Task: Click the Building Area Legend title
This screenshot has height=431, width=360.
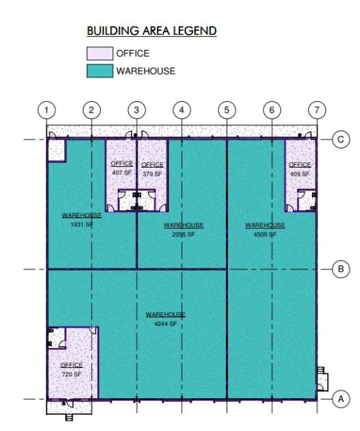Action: (151, 31)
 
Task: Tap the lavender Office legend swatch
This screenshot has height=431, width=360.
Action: (100, 53)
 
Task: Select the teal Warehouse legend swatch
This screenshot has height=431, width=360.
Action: (100, 71)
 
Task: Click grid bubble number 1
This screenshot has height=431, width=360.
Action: (47, 110)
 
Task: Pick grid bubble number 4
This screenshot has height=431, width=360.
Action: (182, 110)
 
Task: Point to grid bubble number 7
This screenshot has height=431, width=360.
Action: (317, 110)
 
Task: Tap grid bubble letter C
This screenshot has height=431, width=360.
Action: (341, 140)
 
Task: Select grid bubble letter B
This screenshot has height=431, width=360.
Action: (341, 269)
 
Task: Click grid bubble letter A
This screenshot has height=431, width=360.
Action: (341, 399)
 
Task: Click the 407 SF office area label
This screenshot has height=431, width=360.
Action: (122, 172)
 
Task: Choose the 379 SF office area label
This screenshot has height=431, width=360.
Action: (153, 174)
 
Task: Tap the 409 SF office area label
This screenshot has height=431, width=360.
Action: (300, 174)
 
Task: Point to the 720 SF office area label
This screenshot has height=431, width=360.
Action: (71, 374)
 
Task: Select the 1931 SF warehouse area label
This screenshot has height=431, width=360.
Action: (81, 224)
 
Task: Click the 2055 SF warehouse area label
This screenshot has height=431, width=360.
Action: (183, 234)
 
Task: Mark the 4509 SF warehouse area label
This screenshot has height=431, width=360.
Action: (265, 234)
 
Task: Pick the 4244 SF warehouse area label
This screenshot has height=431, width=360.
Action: (166, 324)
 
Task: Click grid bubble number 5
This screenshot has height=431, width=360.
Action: (227, 110)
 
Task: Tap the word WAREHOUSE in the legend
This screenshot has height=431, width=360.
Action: (146, 71)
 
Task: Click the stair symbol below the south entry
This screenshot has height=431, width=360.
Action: (69, 417)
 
